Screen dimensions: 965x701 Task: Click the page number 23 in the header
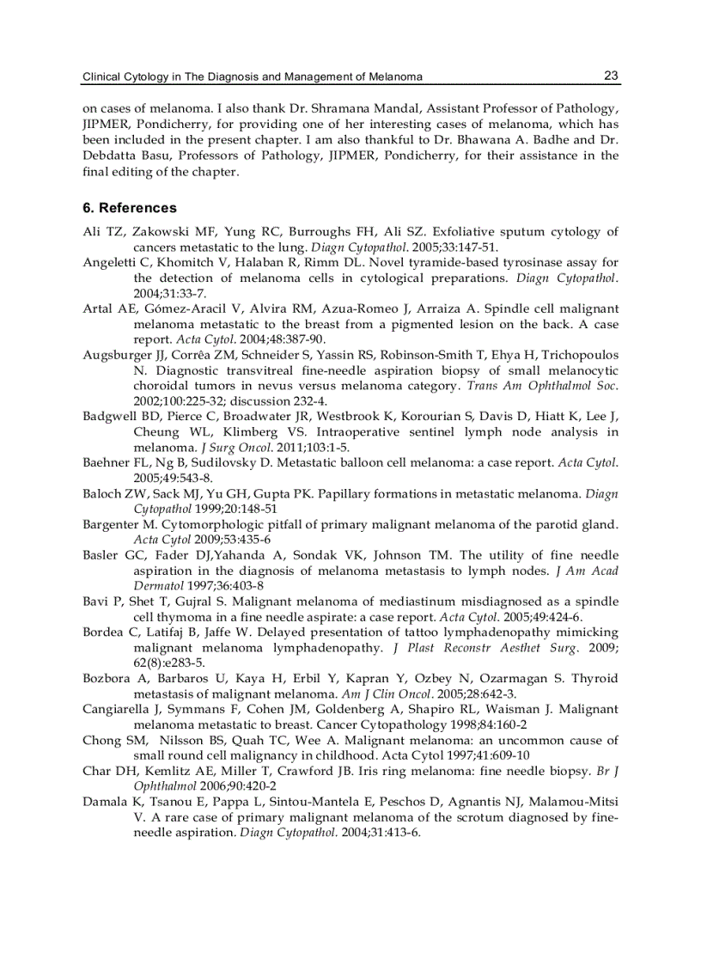point(611,76)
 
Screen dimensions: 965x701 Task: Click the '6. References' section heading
point(130,208)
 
